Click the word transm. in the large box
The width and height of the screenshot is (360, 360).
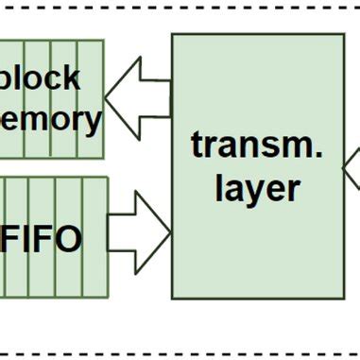tap(257, 146)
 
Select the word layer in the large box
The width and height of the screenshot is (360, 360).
tap(257, 189)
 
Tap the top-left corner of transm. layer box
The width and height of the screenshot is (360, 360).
tap(172, 35)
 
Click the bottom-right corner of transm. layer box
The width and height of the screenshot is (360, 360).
tap(343, 295)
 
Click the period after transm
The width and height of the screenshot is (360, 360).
tap(319, 156)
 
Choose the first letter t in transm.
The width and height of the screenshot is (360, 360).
tap(197, 146)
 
